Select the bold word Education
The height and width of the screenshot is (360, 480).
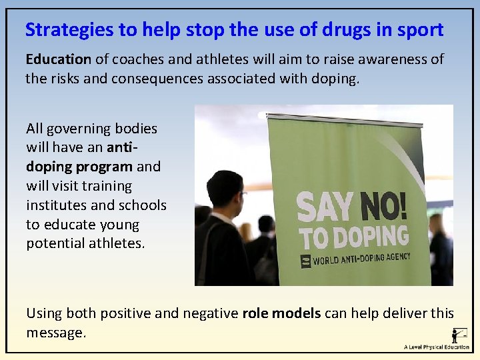click(x=58, y=59)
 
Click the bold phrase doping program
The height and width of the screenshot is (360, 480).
click(x=79, y=167)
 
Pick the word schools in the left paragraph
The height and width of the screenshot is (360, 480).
click(x=143, y=205)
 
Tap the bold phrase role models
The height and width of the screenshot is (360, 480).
click(x=281, y=313)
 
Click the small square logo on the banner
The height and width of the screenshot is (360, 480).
click(x=306, y=261)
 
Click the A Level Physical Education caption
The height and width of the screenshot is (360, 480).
click(x=437, y=347)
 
